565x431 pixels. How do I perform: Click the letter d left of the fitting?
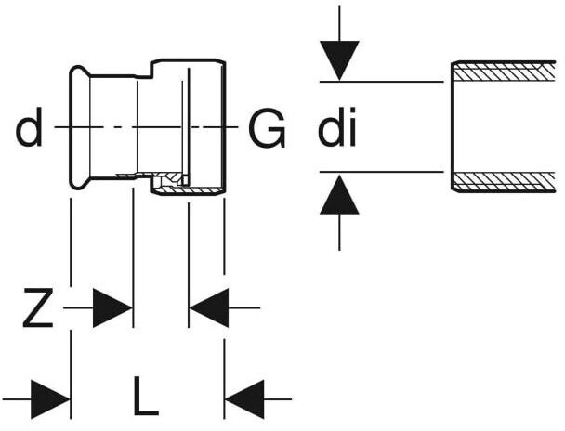(x=29, y=126)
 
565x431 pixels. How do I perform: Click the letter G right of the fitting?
(x=267, y=128)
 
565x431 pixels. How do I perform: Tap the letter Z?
(x=38, y=307)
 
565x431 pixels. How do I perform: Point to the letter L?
(x=146, y=396)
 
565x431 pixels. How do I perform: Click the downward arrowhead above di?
(x=339, y=60)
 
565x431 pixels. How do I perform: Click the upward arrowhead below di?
(x=339, y=194)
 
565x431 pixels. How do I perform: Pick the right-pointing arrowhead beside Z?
(x=112, y=307)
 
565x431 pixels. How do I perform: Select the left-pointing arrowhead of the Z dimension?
(x=209, y=307)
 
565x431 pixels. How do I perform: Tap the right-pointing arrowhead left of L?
(x=50, y=399)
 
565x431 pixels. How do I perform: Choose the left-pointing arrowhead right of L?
(x=244, y=399)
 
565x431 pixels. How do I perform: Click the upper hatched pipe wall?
(x=505, y=72)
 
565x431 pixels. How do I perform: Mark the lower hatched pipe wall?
(x=505, y=182)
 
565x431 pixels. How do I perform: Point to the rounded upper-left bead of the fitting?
(x=79, y=73)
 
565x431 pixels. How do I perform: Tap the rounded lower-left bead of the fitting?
(x=79, y=182)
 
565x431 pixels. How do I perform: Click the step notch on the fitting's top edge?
(x=144, y=71)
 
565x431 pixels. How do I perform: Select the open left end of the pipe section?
(x=453, y=126)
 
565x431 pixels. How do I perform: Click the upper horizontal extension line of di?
(x=382, y=82)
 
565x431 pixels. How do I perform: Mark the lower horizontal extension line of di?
(x=382, y=172)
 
